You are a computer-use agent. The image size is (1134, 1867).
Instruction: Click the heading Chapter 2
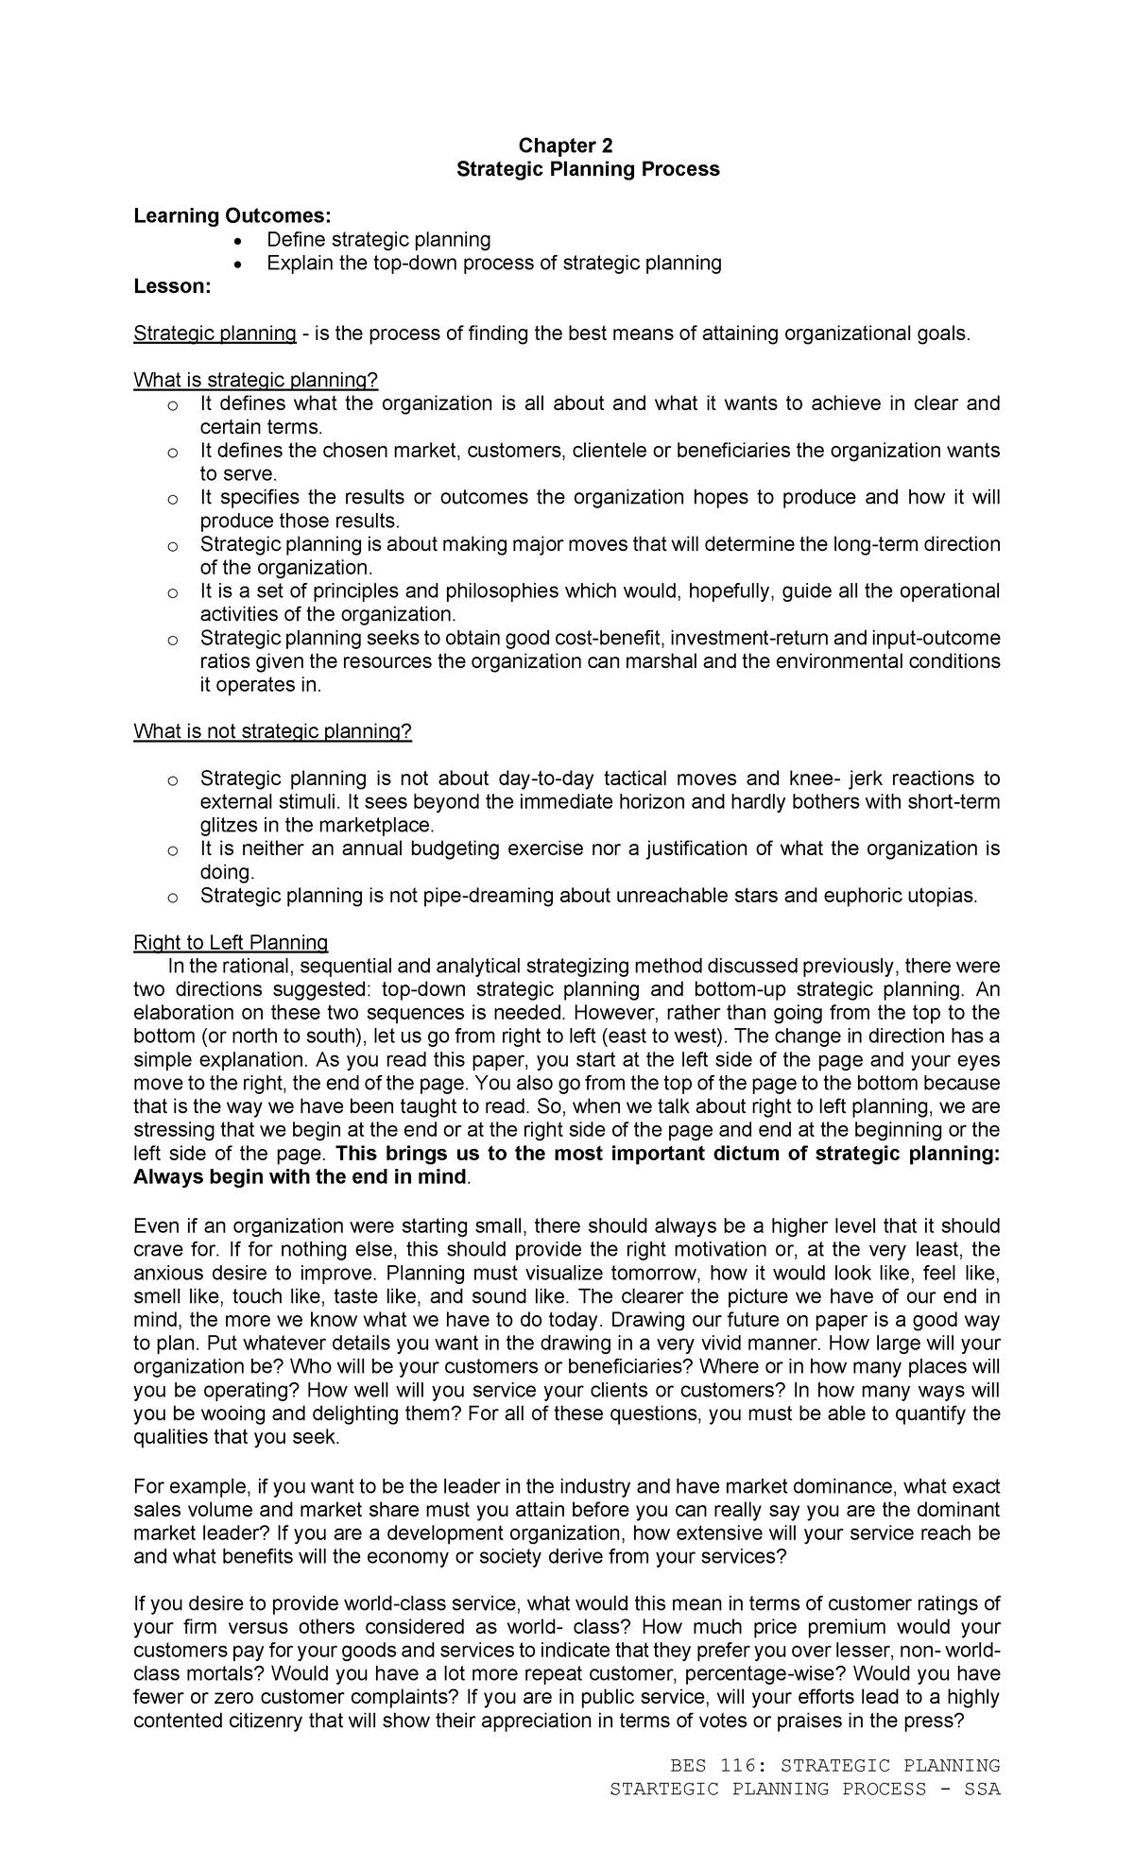point(565,146)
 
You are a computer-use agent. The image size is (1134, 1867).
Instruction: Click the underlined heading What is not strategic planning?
point(273,731)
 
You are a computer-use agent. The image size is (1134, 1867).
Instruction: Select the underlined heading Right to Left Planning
point(231,942)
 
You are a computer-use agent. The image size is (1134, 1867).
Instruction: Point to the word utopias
point(937,896)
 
